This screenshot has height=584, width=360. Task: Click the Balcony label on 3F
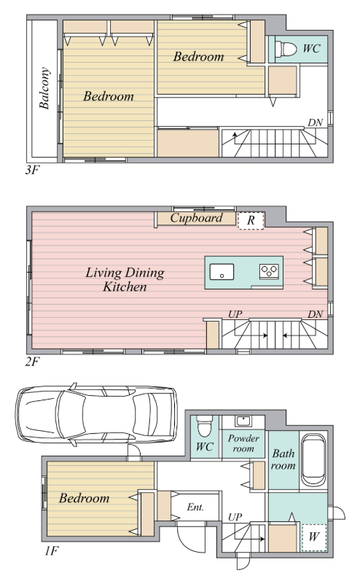[44, 88]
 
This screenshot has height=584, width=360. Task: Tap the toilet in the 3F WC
[285, 49]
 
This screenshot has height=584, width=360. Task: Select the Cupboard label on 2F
[196, 218]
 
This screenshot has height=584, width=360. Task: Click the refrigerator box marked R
[251, 220]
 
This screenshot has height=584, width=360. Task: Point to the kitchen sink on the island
[222, 271]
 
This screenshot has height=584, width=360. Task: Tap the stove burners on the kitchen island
[269, 270]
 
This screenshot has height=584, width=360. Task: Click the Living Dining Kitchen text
[125, 280]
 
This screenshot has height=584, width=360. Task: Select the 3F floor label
[32, 171]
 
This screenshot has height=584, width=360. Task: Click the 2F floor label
[32, 362]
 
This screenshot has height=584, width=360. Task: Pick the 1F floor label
[51, 550]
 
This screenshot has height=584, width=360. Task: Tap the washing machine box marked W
[314, 537]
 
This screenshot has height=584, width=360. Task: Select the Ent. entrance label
[195, 507]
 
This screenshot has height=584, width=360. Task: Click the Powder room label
[243, 443]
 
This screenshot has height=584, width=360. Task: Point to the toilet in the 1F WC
[204, 426]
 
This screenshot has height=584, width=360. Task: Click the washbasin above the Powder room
[243, 421]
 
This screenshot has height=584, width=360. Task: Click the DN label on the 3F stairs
[315, 123]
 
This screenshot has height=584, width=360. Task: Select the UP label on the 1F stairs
[235, 518]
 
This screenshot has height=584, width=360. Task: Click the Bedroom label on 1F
[84, 499]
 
